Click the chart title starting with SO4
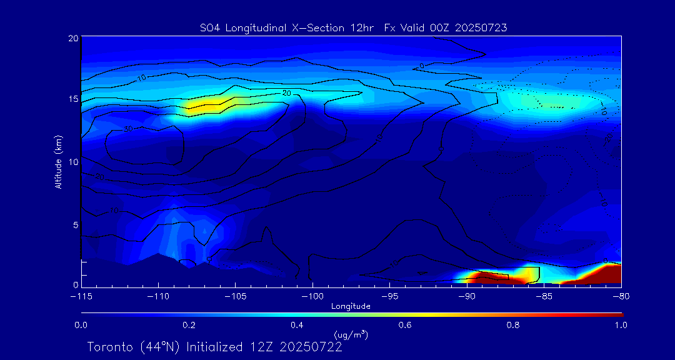(353, 27)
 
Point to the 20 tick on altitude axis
(72, 38)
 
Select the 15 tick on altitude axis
(72, 100)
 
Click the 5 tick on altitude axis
(74, 224)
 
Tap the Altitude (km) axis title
(59, 162)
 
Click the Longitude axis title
(351, 306)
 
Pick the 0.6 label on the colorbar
(405, 325)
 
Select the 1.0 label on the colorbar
(621, 325)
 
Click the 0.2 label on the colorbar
(189, 325)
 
